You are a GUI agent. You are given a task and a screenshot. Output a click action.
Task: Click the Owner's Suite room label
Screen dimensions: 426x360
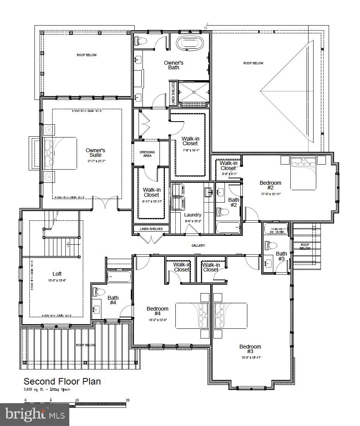pos(95,153)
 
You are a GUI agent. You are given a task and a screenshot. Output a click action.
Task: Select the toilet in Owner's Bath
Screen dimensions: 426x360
pos(140,40)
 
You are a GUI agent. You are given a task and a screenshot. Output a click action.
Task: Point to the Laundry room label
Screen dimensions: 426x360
pos(192,215)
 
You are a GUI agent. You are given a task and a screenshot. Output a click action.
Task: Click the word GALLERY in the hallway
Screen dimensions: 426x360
pos(198,246)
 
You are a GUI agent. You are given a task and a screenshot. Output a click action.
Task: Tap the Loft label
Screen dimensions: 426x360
pos(57,274)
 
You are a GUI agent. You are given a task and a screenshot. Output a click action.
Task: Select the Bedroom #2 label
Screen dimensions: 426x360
pos(270,185)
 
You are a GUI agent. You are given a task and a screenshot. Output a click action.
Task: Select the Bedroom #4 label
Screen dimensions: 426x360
pos(157,311)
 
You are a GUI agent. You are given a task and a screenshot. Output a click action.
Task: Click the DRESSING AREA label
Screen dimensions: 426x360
pos(147,154)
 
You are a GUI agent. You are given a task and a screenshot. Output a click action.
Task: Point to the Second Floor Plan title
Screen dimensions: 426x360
pos(62,381)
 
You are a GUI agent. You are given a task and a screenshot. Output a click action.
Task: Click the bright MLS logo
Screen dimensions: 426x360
pos(34,415)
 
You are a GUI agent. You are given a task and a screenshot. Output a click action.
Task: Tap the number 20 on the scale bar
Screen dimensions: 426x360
pos(127,400)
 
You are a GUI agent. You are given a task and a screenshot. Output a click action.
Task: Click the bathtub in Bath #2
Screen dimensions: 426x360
pos(228,227)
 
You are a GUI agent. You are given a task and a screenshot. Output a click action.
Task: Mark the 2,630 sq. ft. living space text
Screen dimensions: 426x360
pos(47,389)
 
